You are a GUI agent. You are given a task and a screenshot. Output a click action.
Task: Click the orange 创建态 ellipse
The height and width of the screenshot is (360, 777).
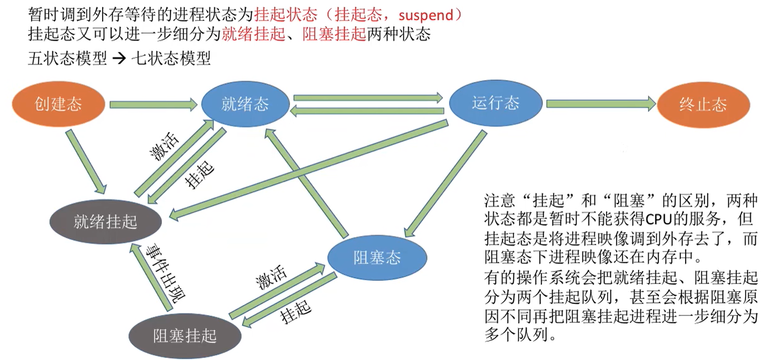pos(58,103)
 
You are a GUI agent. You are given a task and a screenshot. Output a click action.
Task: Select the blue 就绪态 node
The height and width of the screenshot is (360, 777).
pos(245,103)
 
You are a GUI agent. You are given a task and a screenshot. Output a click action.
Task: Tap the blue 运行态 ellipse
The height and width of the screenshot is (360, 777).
pos(495,103)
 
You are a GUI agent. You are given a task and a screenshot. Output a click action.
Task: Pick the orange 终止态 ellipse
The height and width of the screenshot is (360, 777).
pos(703,104)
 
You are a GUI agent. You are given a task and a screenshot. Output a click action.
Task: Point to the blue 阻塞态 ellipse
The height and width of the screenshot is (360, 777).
pos(377,259)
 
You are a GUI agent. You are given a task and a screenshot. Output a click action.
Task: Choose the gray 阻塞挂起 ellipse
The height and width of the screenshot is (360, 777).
pos(185,335)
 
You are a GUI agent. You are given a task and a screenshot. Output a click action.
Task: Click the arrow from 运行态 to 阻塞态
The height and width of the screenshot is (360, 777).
pos(445,182)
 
